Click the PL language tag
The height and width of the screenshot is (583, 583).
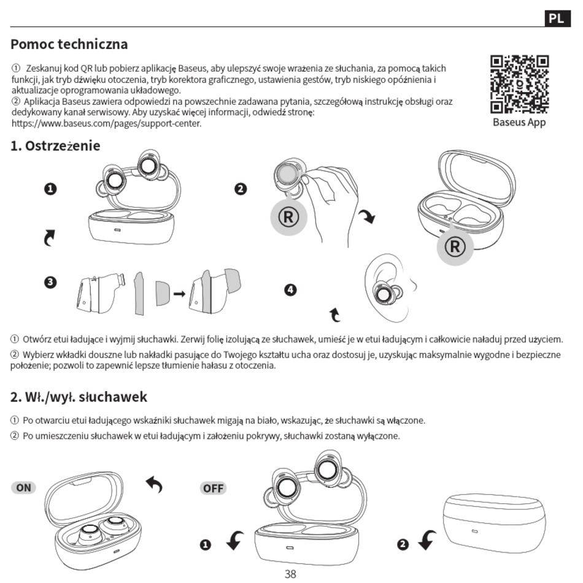tap(556, 18)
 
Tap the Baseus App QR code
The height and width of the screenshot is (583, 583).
tap(519, 85)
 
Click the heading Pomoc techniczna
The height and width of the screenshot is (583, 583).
tap(69, 44)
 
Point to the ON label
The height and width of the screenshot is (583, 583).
tap(23, 487)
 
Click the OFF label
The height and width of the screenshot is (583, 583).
tap(213, 488)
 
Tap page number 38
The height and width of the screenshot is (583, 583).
tap(290, 574)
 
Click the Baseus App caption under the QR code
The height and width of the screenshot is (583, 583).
tap(519, 122)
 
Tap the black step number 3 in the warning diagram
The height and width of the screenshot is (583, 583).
tap(50, 283)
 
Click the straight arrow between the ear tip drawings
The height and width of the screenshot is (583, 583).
tap(179, 294)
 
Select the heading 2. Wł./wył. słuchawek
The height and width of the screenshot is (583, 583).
tap(79, 397)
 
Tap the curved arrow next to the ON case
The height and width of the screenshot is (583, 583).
tap(154, 485)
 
